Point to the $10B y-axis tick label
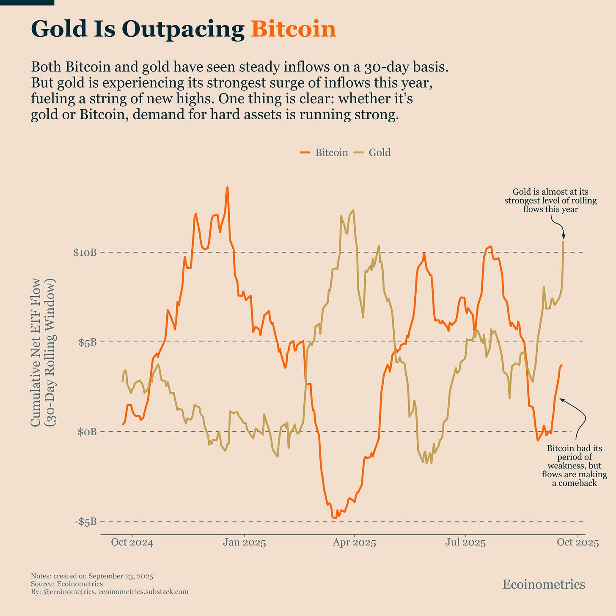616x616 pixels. [85, 253]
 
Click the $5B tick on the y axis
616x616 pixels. [88, 342]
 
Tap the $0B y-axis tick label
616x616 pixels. [88, 432]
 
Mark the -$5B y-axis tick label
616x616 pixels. [86, 521]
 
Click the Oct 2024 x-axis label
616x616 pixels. [132, 543]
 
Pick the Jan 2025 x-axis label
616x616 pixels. [244, 543]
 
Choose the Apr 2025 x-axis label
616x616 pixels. [354, 543]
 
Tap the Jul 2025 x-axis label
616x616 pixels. [465, 543]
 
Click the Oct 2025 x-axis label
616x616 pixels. [577, 543]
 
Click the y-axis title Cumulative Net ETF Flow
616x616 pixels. [37, 352]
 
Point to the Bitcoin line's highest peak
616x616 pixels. [227, 187]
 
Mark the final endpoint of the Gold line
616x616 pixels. [563, 242]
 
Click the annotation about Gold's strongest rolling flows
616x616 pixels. [550, 201]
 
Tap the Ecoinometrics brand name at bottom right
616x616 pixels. [544, 584]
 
